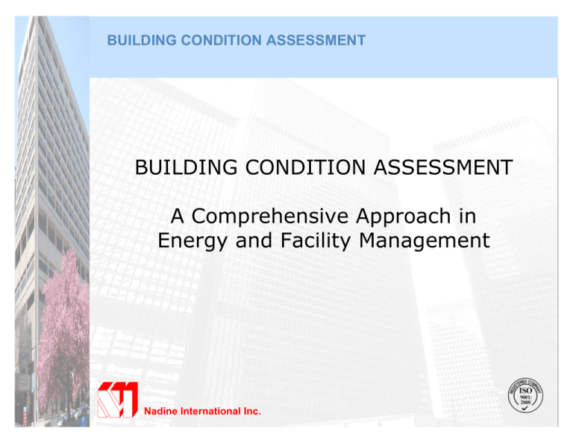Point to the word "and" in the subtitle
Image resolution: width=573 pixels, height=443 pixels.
pos(254,241)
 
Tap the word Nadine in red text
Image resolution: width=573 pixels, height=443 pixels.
pos(160,410)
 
